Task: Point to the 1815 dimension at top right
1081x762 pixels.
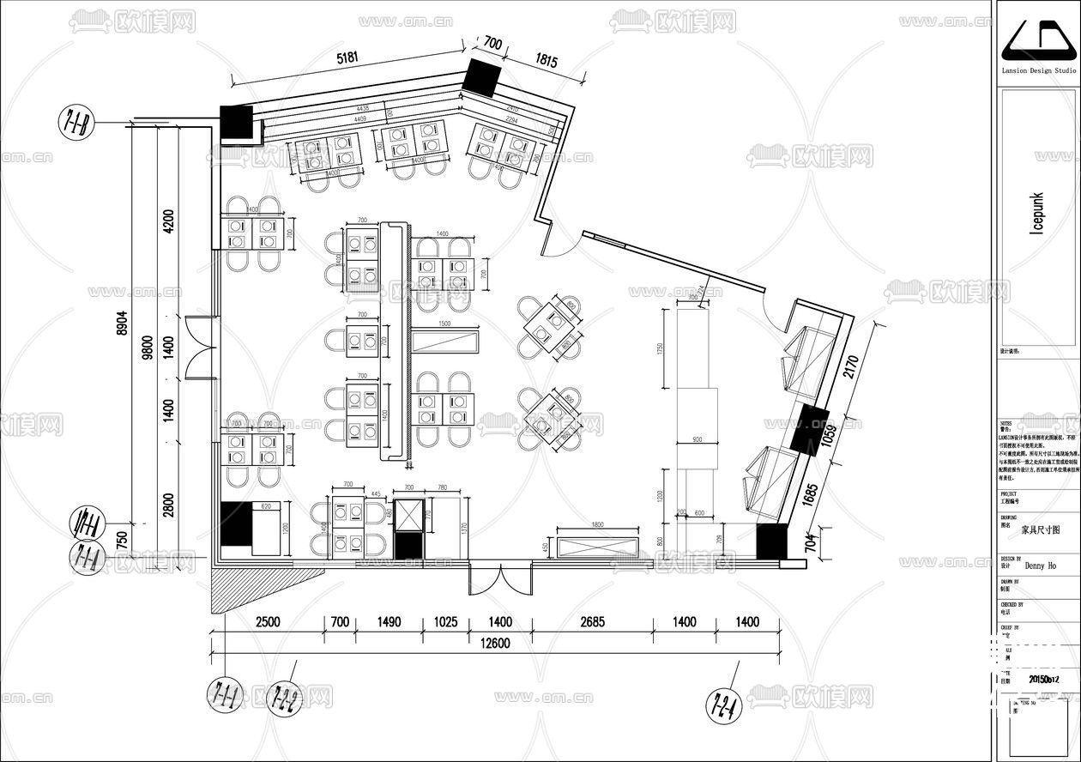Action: click(547, 61)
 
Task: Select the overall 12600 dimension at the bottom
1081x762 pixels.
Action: click(495, 644)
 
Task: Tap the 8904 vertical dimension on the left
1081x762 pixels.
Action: click(123, 324)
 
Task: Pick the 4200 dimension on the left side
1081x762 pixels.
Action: click(168, 221)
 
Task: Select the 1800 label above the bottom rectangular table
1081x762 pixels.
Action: click(596, 524)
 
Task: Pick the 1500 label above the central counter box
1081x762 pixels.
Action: click(444, 324)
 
